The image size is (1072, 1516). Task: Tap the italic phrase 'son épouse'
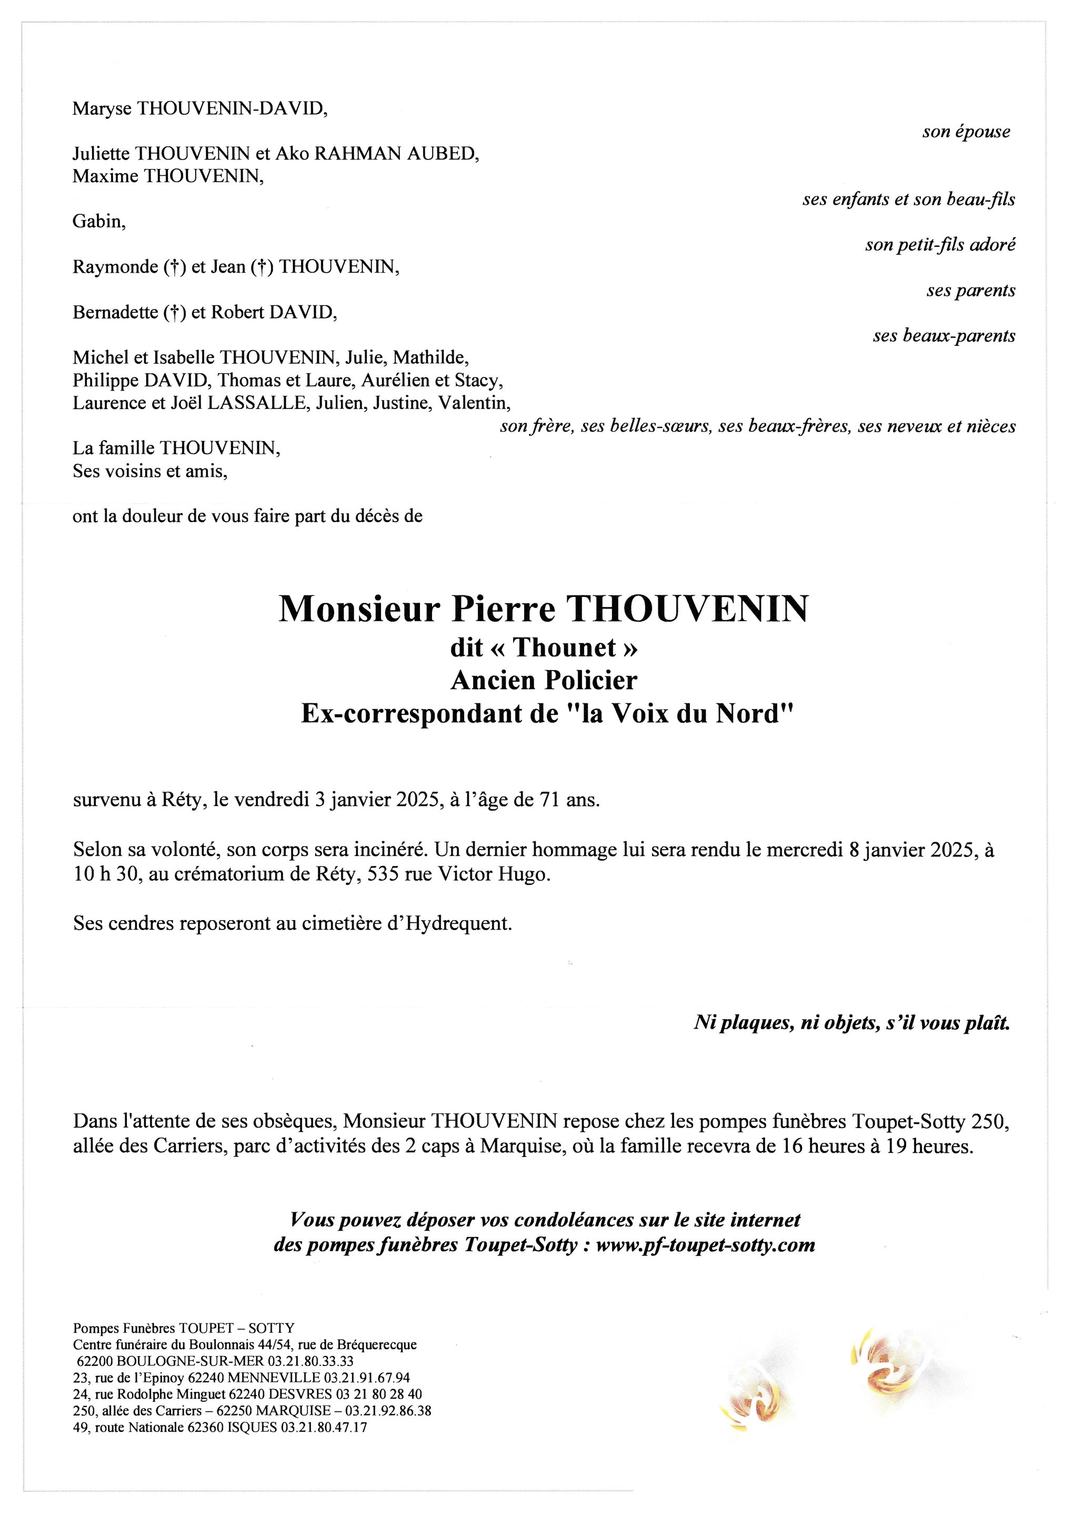click(966, 132)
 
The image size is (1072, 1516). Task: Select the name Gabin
click(98, 221)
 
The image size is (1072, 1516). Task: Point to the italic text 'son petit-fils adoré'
click(940, 245)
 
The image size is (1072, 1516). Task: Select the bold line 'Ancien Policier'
click(544, 680)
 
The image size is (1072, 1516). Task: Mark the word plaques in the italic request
click(755, 1023)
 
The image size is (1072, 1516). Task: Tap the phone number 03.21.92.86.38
click(389, 1410)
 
